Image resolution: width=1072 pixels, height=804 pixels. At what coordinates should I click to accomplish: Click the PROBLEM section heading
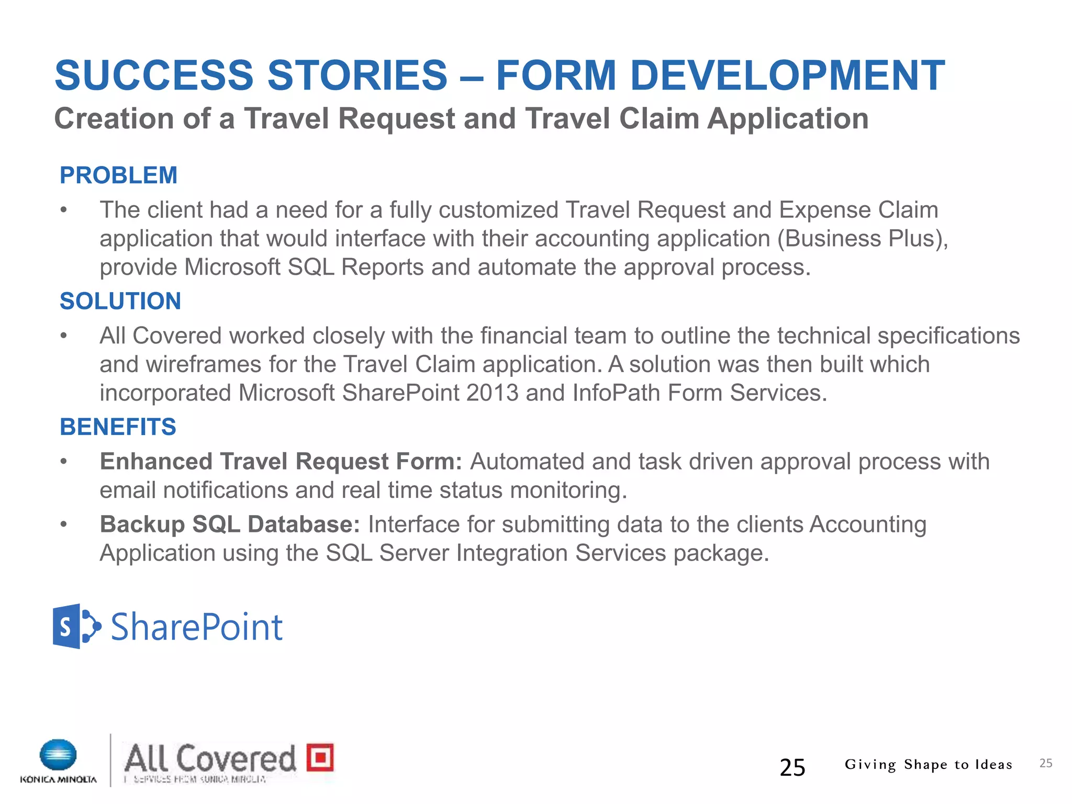click(118, 175)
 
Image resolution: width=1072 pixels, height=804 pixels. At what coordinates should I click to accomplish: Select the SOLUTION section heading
click(120, 301)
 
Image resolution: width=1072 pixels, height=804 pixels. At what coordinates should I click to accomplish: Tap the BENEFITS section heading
click(118, 427)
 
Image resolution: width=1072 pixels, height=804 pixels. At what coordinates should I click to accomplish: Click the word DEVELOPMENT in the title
click(787, 75)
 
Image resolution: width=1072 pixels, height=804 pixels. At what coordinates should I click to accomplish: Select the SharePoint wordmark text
click(197, 627)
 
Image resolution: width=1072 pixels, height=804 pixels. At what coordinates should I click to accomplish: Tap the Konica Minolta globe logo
click(58, 755)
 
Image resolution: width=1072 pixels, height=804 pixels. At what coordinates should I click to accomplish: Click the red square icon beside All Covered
click(320, 757)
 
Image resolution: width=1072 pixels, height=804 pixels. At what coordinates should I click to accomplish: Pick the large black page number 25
click(792, 767)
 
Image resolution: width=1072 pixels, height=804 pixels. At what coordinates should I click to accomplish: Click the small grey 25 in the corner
click(1045, 763)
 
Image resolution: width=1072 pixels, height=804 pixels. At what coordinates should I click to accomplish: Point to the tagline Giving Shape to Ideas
click(928, 765)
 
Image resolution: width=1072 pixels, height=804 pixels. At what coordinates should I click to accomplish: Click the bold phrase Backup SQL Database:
click(230, 524)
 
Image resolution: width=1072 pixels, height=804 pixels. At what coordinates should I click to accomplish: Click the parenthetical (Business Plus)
click(862, 239)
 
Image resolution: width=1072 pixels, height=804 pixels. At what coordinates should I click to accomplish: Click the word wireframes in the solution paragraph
click(203, 364)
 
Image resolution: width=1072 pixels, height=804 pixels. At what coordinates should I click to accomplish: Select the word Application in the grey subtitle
click(788, 119)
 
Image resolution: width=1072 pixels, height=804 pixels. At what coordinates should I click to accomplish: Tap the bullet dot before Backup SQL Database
click(64, 524)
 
